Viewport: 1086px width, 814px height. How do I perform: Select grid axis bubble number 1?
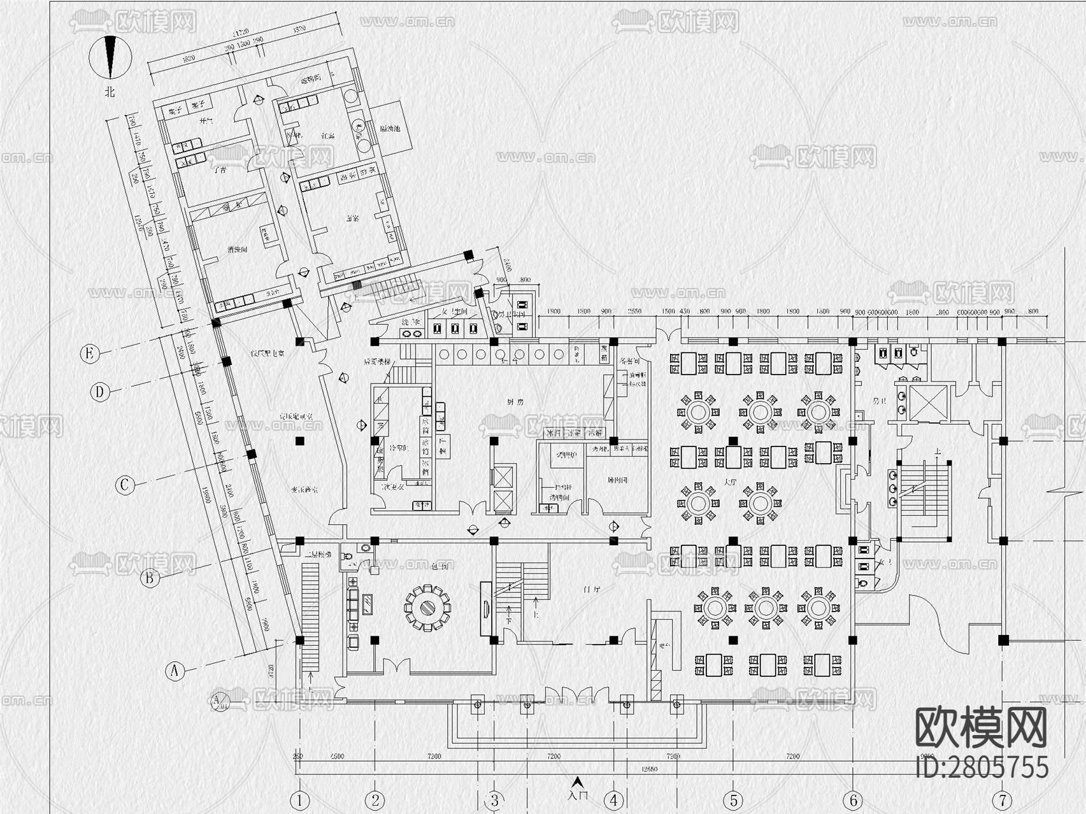299,800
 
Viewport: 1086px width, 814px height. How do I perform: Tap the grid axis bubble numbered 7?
1003,800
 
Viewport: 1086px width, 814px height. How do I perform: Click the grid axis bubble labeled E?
90,353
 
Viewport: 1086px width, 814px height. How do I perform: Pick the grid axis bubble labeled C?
125,485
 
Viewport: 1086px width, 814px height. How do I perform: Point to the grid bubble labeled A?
175,671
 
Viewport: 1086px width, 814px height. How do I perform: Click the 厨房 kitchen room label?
515,402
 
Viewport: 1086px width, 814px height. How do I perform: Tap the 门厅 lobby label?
592,590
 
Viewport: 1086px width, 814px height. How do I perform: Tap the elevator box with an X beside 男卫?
929,403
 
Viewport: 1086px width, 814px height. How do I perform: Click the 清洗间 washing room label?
238,251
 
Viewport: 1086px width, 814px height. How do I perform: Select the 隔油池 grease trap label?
390,128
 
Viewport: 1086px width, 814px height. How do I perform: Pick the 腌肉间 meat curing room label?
617,480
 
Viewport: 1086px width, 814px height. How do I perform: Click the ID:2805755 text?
981,767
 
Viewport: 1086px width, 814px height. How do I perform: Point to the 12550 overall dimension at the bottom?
649,769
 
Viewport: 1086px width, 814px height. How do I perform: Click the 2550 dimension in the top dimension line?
634,311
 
